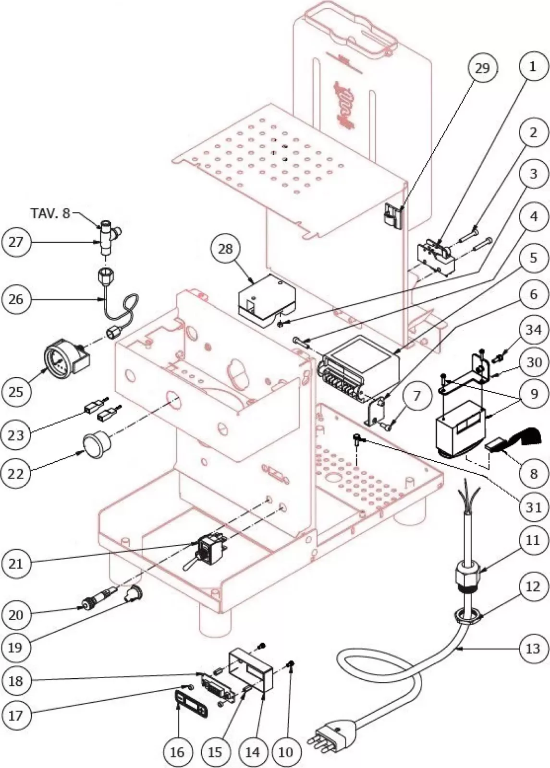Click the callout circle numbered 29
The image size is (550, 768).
[482, 68]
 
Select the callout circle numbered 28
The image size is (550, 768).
[225, 249]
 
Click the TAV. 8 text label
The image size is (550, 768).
[50, 213]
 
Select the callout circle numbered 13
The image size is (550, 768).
[533, 648]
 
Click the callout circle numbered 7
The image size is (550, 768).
[416, 396]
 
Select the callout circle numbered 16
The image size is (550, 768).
[177, 752]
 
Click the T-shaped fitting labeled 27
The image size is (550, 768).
[108, 235]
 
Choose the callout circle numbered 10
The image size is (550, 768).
[285, 752]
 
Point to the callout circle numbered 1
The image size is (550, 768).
[532, 67]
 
